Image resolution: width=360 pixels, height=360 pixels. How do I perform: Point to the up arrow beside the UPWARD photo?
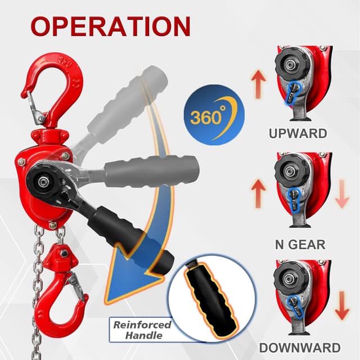tap(259, 84)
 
